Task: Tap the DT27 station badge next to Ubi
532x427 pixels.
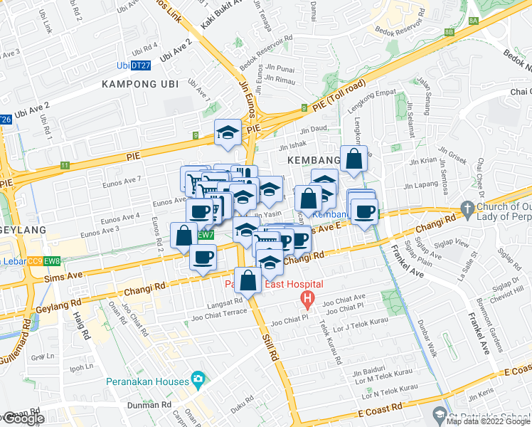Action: [142, 65]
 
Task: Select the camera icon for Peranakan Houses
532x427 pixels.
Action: [196, 381]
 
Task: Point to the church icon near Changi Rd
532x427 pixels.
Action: [467, 209]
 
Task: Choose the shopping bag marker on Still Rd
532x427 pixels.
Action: [248, 280]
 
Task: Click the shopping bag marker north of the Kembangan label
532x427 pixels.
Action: [353, 159]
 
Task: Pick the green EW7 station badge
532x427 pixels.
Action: [204, 235]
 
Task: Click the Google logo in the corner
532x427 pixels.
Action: [23, 418]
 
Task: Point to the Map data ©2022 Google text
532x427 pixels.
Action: [488, 422]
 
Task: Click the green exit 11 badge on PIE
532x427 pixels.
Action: [65, 165]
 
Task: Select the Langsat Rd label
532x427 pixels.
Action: [224, 302]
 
